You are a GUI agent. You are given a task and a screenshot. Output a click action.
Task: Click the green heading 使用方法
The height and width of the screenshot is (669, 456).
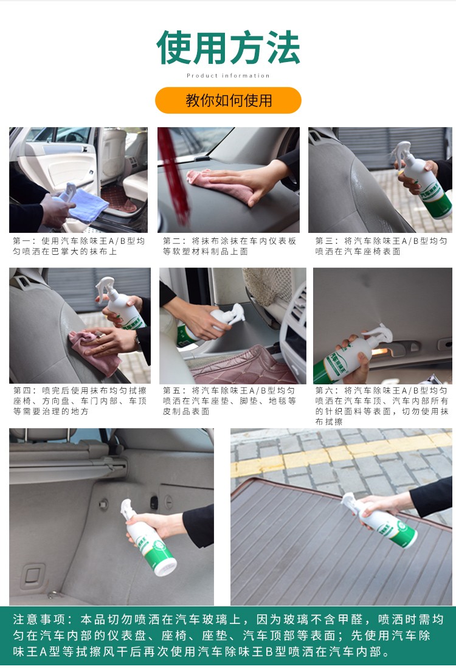(x=228, y=47)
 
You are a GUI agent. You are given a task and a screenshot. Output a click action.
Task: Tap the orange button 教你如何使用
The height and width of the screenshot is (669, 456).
(x=228, y=100)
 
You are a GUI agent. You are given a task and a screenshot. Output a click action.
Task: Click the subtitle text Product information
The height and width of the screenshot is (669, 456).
(x=228, y=75)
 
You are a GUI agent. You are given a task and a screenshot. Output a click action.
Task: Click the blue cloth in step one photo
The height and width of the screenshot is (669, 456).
(x=88, y=205)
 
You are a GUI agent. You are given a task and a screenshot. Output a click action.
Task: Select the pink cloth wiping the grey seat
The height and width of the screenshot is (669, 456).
(x=96, y=352)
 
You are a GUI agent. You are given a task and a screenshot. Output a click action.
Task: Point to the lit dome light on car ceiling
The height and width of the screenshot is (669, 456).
(x=379, y=352)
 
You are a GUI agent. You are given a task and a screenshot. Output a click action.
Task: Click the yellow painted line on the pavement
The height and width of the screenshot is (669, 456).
(x=341, y=452)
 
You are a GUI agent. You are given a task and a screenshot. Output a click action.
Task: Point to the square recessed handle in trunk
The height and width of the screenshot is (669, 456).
(x=33, y=575)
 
